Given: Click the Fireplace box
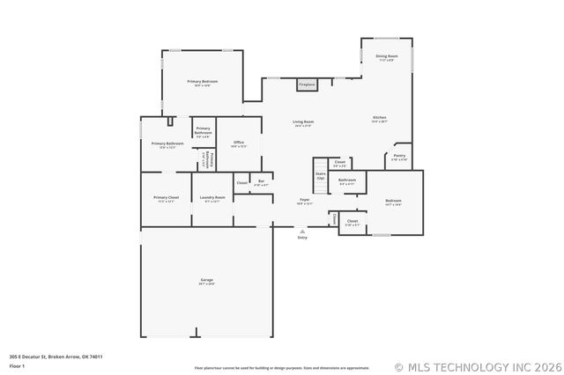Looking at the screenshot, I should click(307, 85).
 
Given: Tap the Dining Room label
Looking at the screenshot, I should click(387, 56).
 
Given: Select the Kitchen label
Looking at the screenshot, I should click(379, 118).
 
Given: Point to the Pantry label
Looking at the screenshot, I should click(399, 156).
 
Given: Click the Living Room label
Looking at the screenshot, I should click(304, 122).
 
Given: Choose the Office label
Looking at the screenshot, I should click(238, 142).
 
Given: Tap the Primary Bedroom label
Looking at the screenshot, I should click(202, 81).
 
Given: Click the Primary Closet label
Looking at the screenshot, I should click(166, 197).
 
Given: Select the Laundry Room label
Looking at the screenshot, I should click(212, 197).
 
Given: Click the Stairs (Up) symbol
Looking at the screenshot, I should click(320, 174).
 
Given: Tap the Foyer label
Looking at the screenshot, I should click(304, 200).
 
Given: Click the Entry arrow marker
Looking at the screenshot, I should click(303, 232).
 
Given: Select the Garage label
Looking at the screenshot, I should click(205, 280).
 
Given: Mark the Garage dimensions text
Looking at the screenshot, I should click(205, 284).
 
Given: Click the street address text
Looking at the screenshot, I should click(56, 357).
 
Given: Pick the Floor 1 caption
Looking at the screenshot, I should click(18, 365).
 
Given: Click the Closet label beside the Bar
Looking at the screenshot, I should click(241, 182).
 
